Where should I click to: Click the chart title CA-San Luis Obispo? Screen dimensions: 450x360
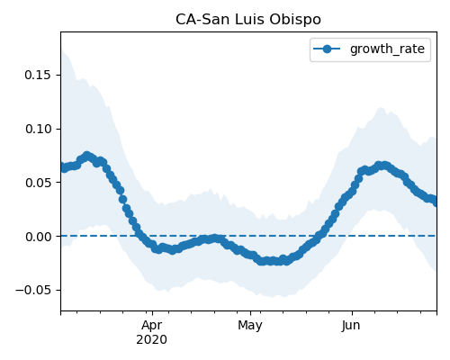248,20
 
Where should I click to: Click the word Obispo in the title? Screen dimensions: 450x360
295,20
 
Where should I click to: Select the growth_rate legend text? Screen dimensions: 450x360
387,49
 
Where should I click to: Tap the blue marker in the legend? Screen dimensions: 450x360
327,49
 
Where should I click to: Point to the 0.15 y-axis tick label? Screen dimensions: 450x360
38,75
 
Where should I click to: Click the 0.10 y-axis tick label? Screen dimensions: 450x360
38,129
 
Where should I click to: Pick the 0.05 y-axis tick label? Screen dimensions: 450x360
38,183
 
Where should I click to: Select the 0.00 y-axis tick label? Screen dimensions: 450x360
38,237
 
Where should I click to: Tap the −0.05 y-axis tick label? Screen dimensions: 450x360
33,290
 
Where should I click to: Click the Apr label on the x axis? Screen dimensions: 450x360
152,326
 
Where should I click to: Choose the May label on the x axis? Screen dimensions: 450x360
250,326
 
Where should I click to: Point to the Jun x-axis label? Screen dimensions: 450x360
351,326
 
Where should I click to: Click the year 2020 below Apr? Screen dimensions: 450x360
152,340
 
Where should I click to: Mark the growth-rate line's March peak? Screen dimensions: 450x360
86,156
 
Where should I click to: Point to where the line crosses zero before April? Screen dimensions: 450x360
139,236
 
